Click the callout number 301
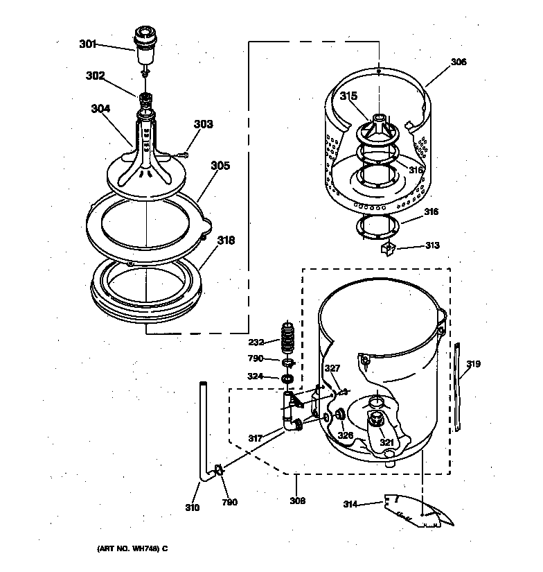87,44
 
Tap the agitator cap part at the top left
144,40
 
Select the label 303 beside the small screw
203,125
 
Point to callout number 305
220,166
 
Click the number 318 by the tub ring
226,241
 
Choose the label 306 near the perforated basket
459,62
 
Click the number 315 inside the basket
348,95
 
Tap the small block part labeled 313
389,248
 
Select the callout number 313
433,245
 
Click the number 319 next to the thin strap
473,363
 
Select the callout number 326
345,435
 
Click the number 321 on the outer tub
386,442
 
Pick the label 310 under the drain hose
192,508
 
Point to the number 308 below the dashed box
297,501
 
